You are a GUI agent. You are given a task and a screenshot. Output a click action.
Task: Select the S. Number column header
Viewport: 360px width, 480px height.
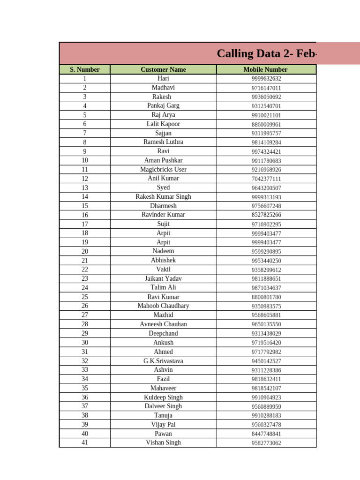[85, 69]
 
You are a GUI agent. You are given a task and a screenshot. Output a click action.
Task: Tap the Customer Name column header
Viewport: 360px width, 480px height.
[163, 69]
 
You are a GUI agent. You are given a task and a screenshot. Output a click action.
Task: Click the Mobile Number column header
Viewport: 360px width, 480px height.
[266, 69]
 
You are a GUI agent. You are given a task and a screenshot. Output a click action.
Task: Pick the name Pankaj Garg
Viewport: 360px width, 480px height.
[163, 105]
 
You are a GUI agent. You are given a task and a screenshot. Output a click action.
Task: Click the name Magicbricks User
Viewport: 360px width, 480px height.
[163, 169]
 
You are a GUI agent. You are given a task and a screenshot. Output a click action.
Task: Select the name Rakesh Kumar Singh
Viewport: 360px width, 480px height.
[163, 196]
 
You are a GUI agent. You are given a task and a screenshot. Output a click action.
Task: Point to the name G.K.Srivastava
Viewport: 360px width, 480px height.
[163, 361]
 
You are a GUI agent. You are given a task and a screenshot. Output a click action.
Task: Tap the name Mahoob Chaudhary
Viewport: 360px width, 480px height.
[163, 306]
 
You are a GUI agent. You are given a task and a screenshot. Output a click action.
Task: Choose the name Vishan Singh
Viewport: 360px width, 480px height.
[163, 442]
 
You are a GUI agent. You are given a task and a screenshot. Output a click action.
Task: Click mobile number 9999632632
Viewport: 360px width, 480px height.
[266, 79]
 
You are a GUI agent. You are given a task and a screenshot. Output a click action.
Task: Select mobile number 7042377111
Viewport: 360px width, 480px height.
[266, 179]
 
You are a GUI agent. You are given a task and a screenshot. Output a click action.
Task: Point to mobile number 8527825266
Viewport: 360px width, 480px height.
[266, 215]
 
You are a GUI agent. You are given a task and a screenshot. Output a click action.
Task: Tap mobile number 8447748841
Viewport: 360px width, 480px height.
[266, 434]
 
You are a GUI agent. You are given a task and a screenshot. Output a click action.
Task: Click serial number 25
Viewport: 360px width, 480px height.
[85, 297]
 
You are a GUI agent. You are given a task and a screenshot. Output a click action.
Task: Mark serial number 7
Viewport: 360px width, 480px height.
[85, 133]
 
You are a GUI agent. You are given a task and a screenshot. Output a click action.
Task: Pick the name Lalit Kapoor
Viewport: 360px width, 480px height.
[163, 124]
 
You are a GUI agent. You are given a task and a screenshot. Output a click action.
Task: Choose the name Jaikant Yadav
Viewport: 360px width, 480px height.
[163, 278]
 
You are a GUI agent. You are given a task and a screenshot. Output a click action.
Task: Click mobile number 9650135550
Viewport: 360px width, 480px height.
[266, 324]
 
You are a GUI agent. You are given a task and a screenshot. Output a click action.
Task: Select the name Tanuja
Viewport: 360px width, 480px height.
[163, 415]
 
